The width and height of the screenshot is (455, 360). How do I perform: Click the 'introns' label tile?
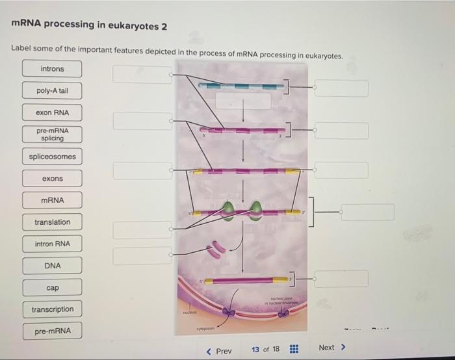click(x=53, y=69)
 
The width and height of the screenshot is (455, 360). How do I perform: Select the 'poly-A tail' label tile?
click(x=53, y=91)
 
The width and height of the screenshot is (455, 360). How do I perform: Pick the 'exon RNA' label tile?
click(x=53, y=113)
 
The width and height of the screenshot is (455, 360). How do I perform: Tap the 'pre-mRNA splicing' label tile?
click(x=53, y=135)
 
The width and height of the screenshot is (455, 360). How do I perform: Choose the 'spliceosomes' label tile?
click(x=53, y=157)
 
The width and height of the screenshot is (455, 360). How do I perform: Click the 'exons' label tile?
click(x=53, y=179)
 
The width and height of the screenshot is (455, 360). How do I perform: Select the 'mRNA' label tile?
click(x=53, y=200)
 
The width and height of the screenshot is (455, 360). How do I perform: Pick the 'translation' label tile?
click(x=53, y=222)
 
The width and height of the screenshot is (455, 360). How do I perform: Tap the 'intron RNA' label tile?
click(x=53, y=244)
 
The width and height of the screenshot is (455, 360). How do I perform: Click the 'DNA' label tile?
click(x=53, y=266)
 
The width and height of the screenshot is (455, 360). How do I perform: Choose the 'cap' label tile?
click(x=53, y=288)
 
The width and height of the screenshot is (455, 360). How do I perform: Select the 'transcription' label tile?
click(x=53, y=309)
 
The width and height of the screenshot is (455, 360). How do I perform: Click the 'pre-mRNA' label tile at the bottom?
click(x=53, y=331)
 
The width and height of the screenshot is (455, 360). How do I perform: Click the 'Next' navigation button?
click(x=331, y=348)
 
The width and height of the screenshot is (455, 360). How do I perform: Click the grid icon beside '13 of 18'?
click(x=293, y=350)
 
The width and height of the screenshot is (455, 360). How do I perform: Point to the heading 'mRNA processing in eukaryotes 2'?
click(x=90, y=26)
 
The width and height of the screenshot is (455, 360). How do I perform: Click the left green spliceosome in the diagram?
click(x=228, y=209)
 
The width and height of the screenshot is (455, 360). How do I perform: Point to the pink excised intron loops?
click(x=217, y=249)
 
